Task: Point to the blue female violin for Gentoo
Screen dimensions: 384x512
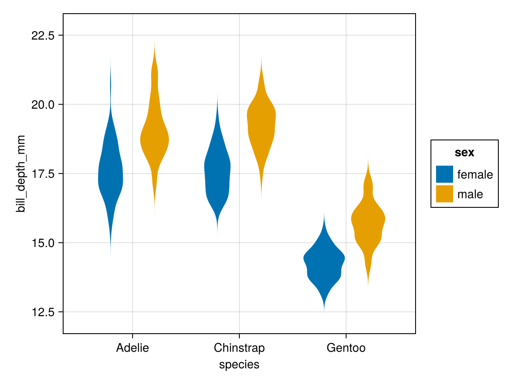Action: coord(324,265)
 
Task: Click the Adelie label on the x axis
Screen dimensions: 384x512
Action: coord(132,348)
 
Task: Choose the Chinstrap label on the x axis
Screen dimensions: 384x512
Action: coord(239,348)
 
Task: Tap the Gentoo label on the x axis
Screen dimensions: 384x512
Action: coord(346,348)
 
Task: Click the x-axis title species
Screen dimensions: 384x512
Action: coord(239,365)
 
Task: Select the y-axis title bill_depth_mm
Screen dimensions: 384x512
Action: coord(20,173)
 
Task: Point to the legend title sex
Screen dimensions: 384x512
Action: coord(465,153)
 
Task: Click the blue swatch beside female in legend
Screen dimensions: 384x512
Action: coord(444,174)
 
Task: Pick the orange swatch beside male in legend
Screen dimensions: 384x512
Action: coord(444,194)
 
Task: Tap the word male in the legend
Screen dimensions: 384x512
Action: coord(470,195)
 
